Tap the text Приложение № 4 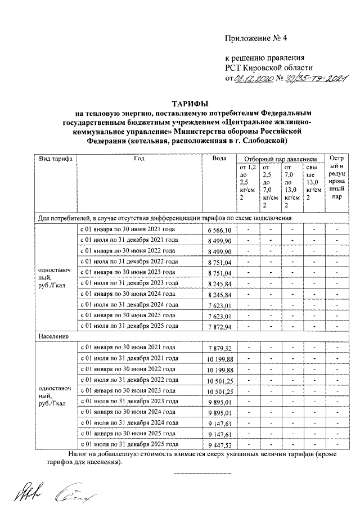click(256, 39)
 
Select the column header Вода click(219, 159)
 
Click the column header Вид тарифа click(55, 159)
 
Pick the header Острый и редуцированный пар click(336, 178)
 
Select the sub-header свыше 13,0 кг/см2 click(313, 182)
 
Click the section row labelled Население click(54, 336)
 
